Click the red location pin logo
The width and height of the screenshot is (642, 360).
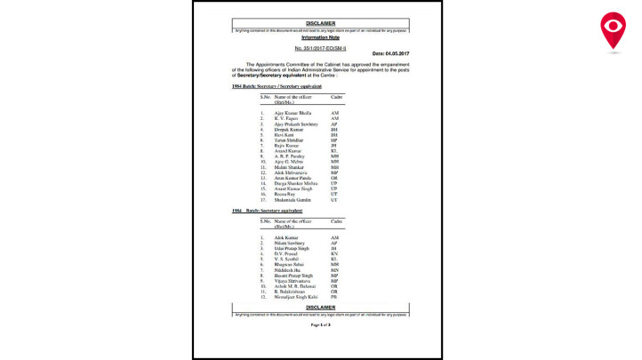pos(613,30)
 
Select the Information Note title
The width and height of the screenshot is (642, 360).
pos(320,38)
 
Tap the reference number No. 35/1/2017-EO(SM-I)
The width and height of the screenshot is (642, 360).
pos(320,46)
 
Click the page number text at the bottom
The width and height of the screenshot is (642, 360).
pos(320,324)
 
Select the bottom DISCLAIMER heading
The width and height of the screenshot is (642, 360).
pos(320,307)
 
